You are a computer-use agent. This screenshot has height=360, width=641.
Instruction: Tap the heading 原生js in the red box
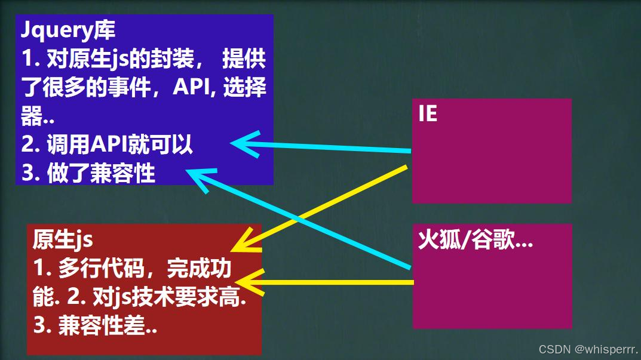(62, 240)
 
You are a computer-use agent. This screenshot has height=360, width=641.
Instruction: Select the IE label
(428, 113)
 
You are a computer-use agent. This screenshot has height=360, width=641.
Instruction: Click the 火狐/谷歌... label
(475, 241)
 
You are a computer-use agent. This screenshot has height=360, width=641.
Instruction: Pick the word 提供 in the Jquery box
(244, 60)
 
